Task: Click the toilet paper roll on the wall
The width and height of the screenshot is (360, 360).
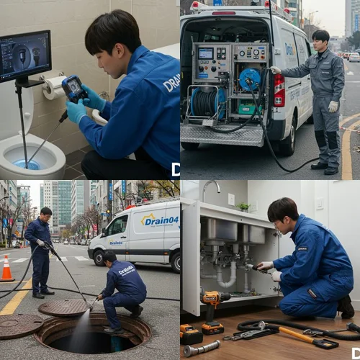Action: point(53,87)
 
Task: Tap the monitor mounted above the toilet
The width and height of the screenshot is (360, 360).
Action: point(25,56)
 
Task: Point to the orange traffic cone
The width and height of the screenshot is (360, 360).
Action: point(6,269)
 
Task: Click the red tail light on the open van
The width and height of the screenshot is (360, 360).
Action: point(279,89)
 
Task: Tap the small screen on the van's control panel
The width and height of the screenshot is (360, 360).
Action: point(206,53)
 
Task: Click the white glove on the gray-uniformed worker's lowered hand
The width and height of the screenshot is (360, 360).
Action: point(333,106)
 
